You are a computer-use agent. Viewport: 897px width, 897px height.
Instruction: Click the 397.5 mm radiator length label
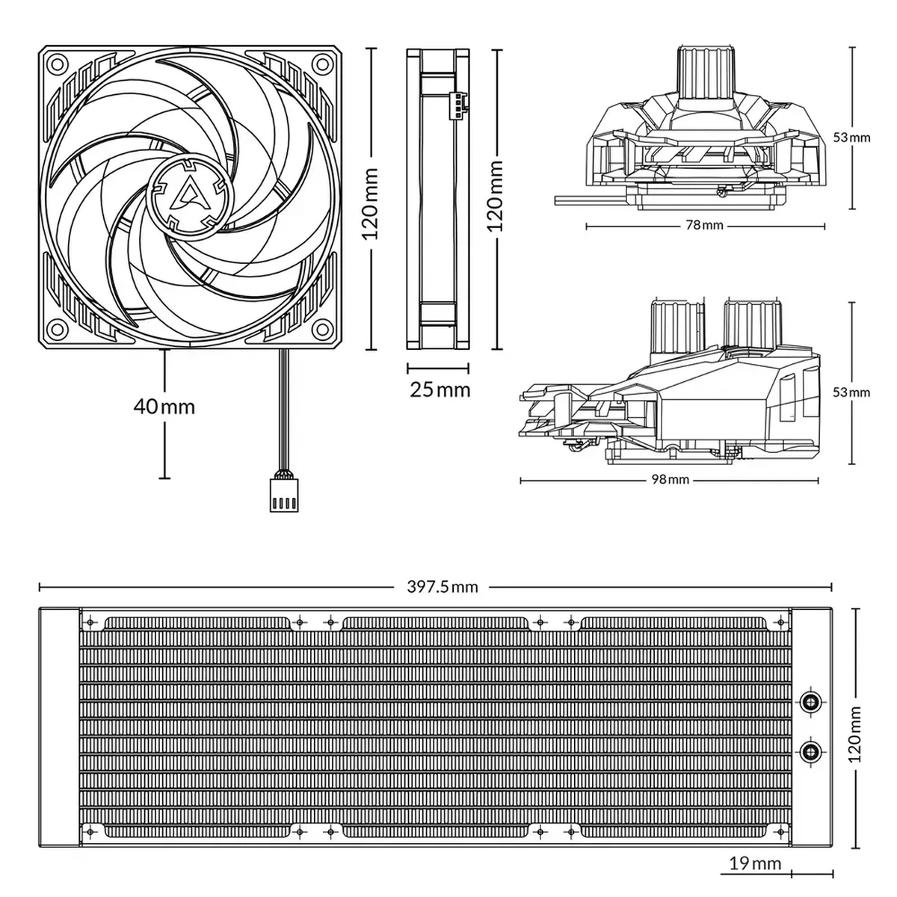tap(443, 587)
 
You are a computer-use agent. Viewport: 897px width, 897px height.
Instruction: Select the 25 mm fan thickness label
tap(440, 389)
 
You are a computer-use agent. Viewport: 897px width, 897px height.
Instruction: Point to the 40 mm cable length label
tap(164, 407)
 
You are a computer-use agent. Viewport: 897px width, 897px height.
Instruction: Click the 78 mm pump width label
tap(705, 225)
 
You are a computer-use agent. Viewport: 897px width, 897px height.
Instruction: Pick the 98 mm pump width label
tap(671, 479)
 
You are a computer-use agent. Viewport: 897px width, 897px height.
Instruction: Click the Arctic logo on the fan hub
tap(189, 197)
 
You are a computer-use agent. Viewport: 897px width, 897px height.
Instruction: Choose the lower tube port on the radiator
tap(811, 750)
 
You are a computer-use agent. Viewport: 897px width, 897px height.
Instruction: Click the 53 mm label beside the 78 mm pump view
tap(851, 138)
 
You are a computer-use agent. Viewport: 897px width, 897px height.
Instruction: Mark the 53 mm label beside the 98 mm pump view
tap(851, 392)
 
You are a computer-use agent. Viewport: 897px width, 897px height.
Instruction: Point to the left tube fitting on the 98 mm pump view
tap(676, 327)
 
